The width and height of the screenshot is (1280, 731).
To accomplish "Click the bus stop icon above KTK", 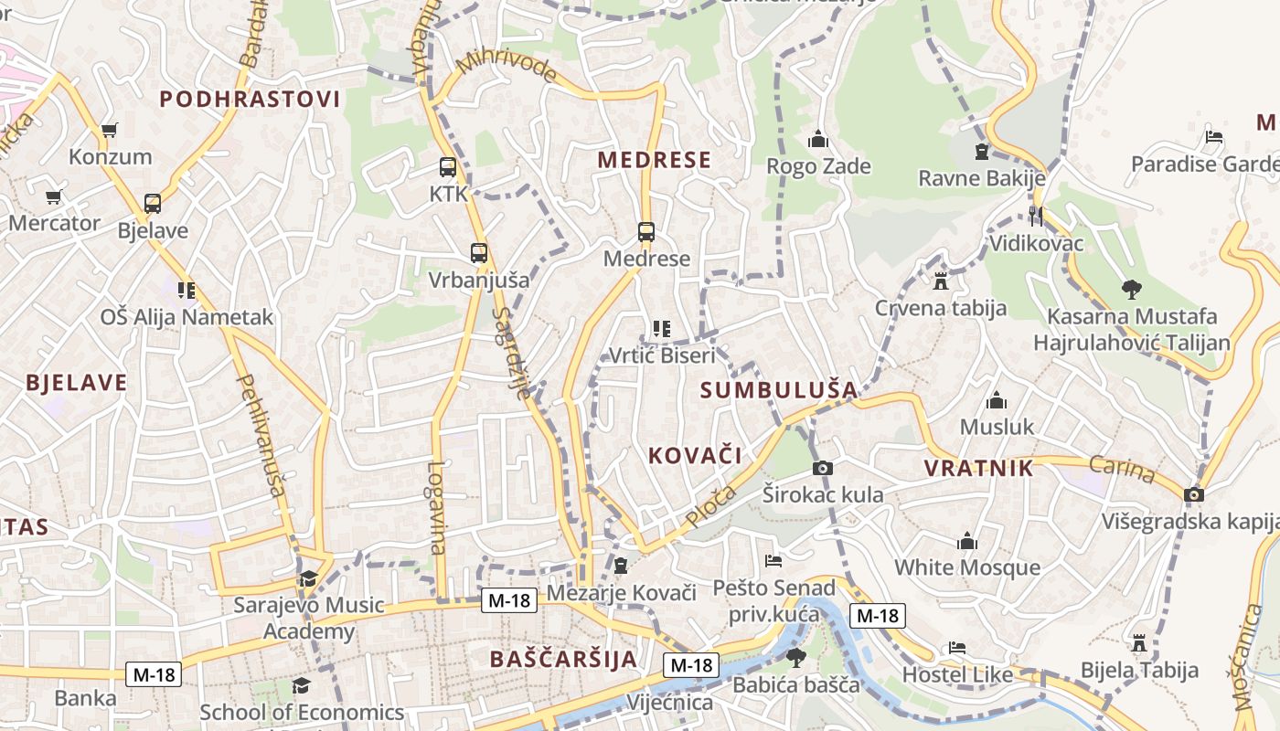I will coord(448,167).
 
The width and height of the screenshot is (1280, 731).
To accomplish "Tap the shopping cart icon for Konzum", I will coord(109,131).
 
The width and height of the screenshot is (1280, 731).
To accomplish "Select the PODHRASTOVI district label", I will coord(250,100).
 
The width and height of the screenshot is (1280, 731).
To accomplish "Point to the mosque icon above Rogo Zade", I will coord(818,140).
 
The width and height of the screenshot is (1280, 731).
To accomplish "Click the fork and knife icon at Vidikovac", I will coord(1036,217).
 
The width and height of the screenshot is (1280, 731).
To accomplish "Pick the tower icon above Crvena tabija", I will coord(941,281).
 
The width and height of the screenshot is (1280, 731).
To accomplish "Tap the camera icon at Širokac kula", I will coord(823,469).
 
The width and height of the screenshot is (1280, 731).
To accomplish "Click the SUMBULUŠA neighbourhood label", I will coord(779,390).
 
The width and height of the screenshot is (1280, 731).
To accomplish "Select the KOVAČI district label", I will coord(695,455).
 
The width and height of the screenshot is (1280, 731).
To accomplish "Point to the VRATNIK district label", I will coord(978,469).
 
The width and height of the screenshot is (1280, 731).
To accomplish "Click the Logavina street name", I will coord(436,508).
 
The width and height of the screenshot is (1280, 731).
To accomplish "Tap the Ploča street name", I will coord(710,506).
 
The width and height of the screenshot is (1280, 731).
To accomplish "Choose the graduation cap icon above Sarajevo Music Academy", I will coord(308,579).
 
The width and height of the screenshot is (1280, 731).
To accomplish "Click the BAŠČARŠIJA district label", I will coord(562,659).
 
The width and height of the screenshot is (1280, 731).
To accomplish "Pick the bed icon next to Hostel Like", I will coord(957,648).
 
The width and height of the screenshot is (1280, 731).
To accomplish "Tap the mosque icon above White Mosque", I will coord(966,542).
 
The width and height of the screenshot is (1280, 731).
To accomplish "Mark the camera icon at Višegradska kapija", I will coord(1193,495).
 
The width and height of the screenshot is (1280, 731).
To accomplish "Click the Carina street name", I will coord(1124,470).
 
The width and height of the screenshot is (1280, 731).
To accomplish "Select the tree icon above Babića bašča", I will coord(796,657).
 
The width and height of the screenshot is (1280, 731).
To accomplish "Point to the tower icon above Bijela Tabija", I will coord(1139,643).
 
